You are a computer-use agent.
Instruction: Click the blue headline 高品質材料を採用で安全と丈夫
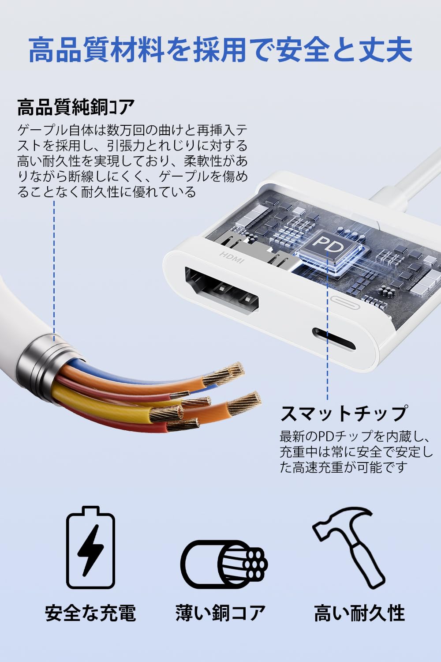tap(220, 50)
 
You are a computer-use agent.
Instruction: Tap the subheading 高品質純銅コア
tap(76, 107)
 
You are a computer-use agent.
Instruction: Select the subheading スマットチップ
tap(344, 413)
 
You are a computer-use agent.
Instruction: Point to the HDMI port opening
tap(222, 292)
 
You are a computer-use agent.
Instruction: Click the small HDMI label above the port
tap(232, 258)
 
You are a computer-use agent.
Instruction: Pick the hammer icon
tap(348, 547)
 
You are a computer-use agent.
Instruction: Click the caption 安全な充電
tap(90, 613)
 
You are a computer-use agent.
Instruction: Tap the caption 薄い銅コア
tap(220, 613)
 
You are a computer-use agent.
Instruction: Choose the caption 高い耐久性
tap(359, 613)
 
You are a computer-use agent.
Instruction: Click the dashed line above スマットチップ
tap(328, 335)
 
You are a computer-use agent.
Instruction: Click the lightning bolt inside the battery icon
tap(90, 549)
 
